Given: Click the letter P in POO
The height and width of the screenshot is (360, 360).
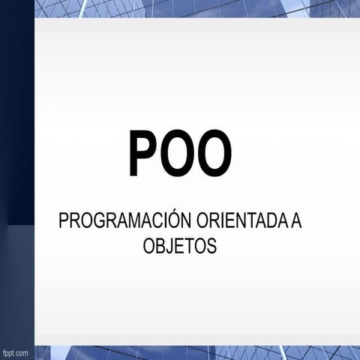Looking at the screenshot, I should pyautogui.click(x=143, y=154).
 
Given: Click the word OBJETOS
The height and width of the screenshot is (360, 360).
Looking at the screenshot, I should pyautogui.click(x=180, y=247).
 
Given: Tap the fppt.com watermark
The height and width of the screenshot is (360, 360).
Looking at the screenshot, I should pyautogui.click(x=15, y=352).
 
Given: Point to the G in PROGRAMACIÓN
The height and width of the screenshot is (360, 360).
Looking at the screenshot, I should pyautogui.click(x=95, y=222).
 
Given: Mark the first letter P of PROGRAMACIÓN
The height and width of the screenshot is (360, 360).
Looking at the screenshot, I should pyautogui.click(x=63, y=222).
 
